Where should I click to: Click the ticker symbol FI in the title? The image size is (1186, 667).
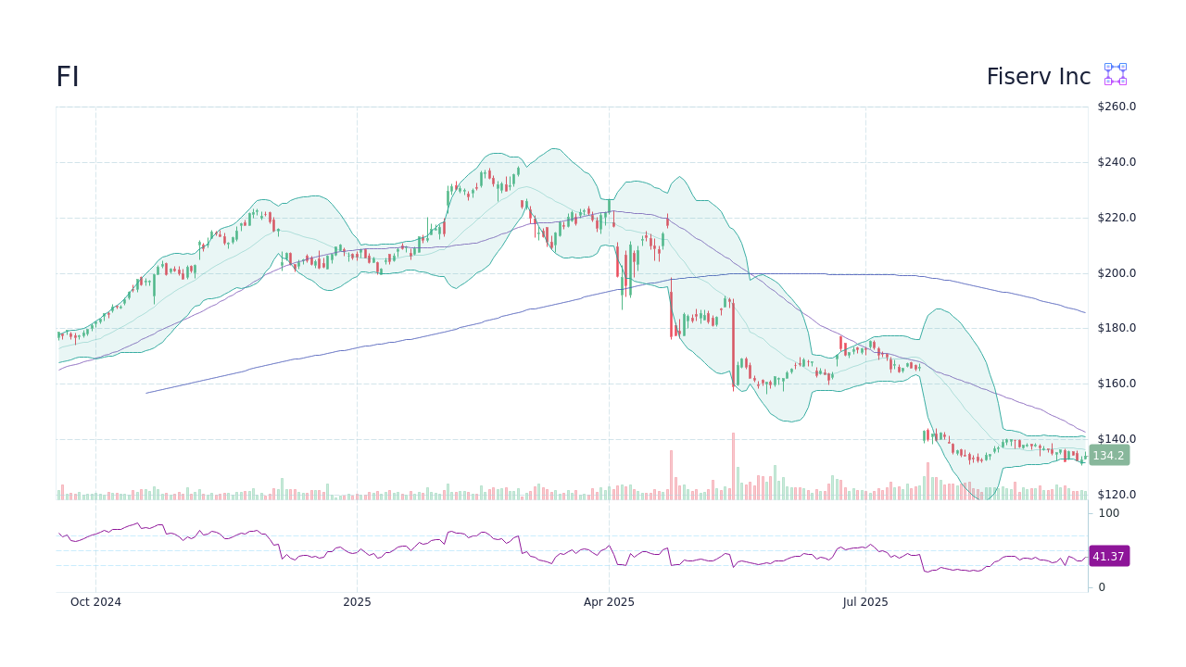tap(68, 77)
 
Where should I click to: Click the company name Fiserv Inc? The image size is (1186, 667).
tap(1038, 77)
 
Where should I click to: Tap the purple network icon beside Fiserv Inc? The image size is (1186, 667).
tap(1115, 74)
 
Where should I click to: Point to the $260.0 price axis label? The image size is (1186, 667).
tap(1116, 107)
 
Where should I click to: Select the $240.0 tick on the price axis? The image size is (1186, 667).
tap(1116, 162)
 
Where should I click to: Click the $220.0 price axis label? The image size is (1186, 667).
tap(1116, 218)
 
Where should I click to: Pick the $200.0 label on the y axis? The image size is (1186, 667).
tap(1116, 273)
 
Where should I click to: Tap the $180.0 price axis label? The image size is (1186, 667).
tap(1116, 328)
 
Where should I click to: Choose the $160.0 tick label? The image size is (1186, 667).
tap(1116, 384)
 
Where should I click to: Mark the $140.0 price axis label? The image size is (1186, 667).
tap(1116, 439)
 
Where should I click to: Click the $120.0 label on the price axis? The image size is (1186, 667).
tap(1116, 495)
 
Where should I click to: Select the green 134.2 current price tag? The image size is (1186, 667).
tap(1108, 455)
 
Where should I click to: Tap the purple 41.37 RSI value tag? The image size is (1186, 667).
tap(1108, 556)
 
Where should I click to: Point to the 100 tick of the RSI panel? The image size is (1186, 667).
tap(1108, 513)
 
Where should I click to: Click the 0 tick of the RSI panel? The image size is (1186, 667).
tap(1102, 587)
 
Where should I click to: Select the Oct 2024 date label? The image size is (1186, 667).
tap(95, 602)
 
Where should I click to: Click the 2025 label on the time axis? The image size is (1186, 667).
tap(357, 602)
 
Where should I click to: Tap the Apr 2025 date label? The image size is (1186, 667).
tap(609, 602)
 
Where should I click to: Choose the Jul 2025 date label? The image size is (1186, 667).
tap(865, 602)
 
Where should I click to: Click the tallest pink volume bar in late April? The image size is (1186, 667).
tap(671, 475)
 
